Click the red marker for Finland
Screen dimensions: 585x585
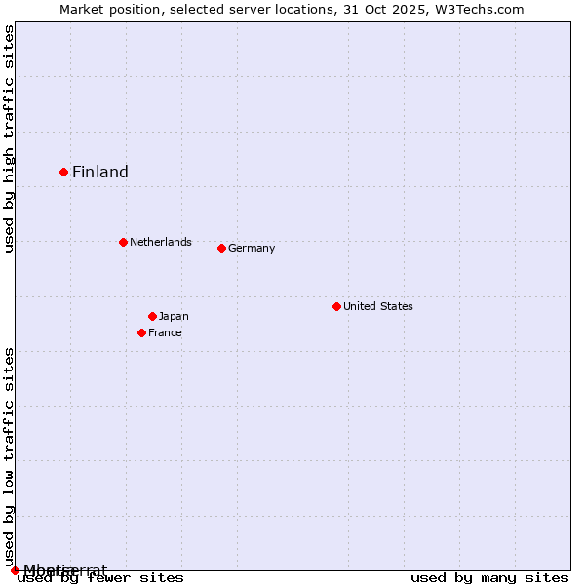(64, 172)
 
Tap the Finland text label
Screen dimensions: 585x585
(100, 173)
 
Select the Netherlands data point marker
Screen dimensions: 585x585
(123, 242)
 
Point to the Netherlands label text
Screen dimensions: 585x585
(161, 242)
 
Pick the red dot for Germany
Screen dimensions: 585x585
(221, 248)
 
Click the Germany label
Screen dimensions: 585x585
(252, 249)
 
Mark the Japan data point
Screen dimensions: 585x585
(152, 316)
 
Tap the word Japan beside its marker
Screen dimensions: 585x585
(174, 317)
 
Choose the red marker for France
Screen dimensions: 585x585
(141, 332)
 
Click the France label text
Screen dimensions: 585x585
(165, 333)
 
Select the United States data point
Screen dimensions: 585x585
(336, 306)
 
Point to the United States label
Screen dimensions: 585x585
(378, 307)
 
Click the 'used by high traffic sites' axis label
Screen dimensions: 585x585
(10, 138)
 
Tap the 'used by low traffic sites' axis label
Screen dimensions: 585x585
(10, 456)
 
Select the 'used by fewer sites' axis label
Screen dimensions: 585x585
(101, 578)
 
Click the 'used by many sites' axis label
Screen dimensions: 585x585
(489, 578)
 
